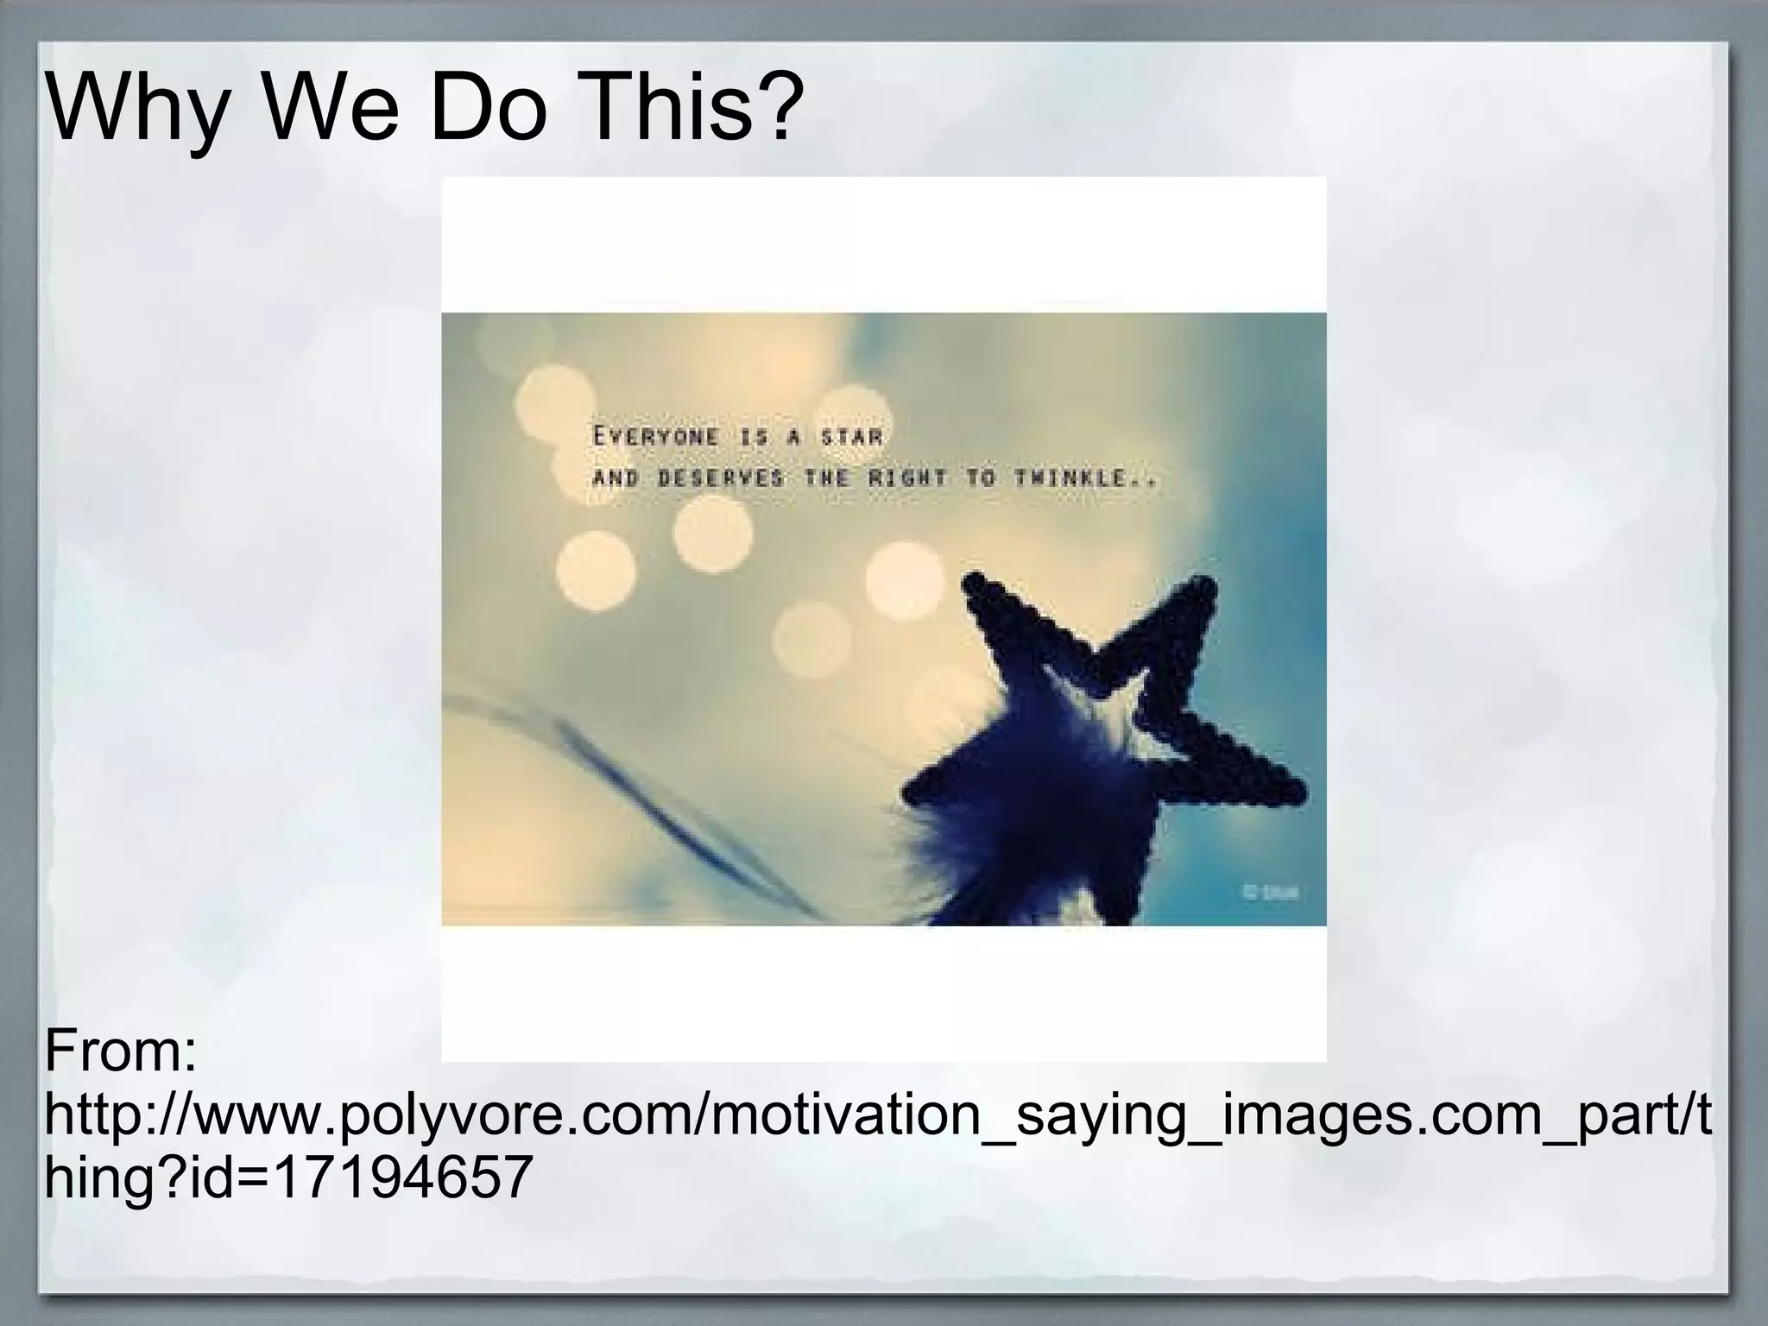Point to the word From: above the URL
121,1051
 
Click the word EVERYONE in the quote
656,437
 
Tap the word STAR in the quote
851,437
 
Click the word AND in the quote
616,478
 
